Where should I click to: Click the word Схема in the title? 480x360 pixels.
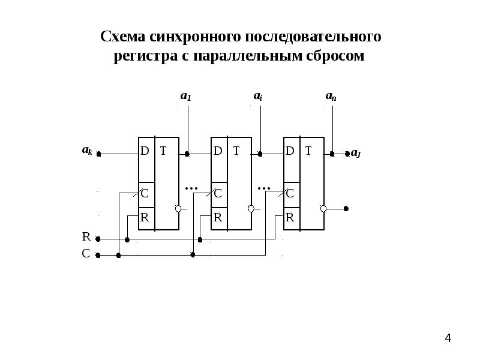(123, 37)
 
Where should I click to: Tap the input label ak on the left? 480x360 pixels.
(87, 150)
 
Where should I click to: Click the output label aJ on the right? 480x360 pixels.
(356, 154)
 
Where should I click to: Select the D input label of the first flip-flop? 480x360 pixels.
(145, 151)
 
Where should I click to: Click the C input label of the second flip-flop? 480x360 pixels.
(217, 193)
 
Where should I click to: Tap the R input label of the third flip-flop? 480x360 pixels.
(289, 217)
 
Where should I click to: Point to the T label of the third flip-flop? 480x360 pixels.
(308, 151)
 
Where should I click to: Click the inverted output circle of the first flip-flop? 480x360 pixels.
(178, 208)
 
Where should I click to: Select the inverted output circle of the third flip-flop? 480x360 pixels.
(323, 208)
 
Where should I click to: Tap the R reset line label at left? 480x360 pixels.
(86, 237)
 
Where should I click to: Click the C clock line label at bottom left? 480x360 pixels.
(86, 254)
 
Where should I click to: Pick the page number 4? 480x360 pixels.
(448, 340)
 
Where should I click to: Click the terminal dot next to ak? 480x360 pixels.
(98, 154)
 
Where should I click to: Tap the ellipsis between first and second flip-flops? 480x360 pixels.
(191, 188)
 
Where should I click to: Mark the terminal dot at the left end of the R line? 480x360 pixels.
(98, 239)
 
